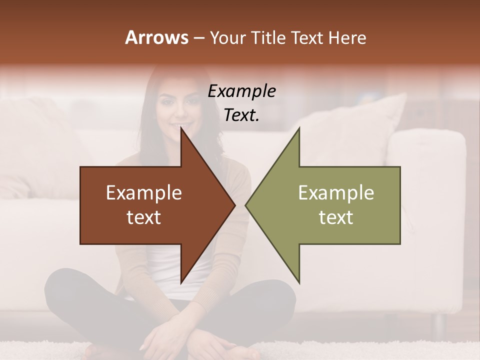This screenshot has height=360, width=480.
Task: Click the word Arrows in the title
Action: pos(156,37)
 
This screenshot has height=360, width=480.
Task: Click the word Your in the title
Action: pos(227,38)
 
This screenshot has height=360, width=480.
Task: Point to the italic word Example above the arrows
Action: pos(241,91)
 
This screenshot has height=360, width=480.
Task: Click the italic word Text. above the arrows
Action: pos(241,115)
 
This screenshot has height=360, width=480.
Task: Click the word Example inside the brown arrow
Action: pos(144,193)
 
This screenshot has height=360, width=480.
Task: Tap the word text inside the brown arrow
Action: pos(144,217)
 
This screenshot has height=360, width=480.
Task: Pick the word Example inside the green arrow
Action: pos(336,193)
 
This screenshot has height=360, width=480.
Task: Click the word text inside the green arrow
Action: pos(336,217)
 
